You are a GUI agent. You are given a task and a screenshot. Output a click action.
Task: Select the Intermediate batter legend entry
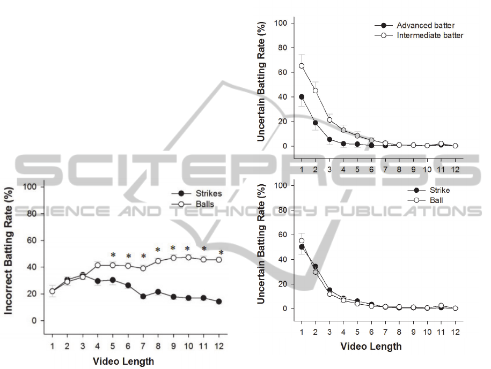430,35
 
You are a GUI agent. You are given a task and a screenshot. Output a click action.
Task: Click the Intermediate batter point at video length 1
302,66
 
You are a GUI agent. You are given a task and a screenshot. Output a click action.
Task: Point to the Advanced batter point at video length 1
302,97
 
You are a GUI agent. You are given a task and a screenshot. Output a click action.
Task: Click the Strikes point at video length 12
218,302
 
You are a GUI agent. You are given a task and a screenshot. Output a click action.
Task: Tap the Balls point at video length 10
188,258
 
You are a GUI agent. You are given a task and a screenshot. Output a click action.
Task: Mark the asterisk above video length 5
113,255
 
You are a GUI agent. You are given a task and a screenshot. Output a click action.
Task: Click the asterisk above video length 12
221,252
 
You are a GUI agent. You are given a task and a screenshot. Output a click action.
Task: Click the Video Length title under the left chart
123,362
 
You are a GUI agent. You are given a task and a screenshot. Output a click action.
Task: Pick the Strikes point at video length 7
143,296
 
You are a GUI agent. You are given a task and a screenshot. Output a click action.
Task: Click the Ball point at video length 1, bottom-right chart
302,241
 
